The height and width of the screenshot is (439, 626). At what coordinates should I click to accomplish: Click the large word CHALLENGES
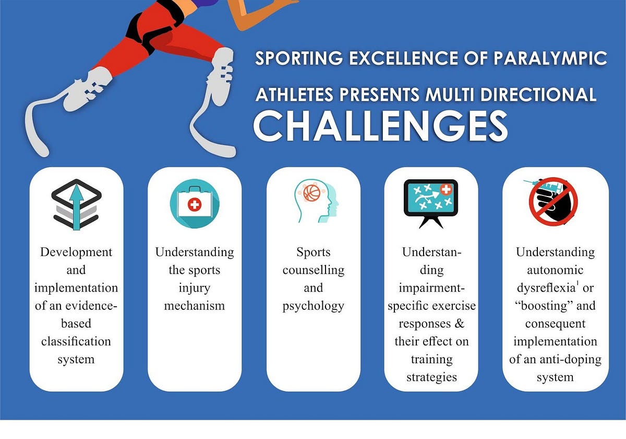pyautogui.click(x=380, y=126)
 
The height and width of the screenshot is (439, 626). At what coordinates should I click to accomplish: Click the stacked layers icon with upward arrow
pyautogui.click(x=77, y=204)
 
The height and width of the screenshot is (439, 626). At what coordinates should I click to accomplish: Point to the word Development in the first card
pyautogui.click(x=76, y=252)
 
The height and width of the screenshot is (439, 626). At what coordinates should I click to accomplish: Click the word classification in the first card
pyautogui.click(x=76, y=341)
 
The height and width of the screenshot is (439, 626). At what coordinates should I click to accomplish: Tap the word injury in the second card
pyautogui.click(x=194, y=287)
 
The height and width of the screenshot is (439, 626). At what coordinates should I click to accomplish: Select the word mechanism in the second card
pyautogui.click(x=194, y=305)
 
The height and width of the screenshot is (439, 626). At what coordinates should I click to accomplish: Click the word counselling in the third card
pyautogui.click(x=314, y=270)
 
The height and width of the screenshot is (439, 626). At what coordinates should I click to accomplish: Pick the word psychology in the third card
pyautogui.click(x=314, y=306)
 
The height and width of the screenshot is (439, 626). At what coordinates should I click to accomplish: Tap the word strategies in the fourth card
pyautogui.click(x=431, y=377)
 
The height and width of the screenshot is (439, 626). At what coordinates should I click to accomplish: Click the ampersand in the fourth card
pyautogui.click(x=459, y=323)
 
